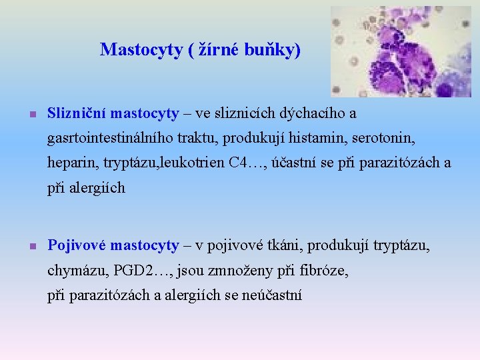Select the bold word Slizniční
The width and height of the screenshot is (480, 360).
point(77,114)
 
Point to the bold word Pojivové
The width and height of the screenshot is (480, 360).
point(77,246)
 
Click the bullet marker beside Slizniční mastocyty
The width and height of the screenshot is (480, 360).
point(31,115)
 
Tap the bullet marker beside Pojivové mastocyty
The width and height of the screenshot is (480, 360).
point(31,247)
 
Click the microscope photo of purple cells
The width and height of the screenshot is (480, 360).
point(401,51)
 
